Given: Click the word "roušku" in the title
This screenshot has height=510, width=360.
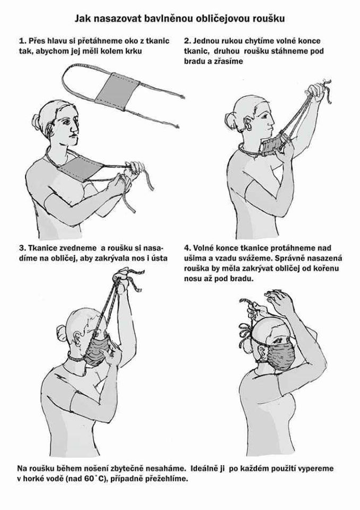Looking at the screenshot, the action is pyautogui.click(x=269, y=19).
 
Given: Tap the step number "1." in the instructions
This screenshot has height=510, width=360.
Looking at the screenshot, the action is pyautogui.click(x=22, y=41).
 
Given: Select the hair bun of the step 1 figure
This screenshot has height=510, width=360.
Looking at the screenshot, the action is pyautogui.click(x=36, y=122).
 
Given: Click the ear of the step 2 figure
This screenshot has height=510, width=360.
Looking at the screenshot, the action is pyautogui.click(x=249, y=124).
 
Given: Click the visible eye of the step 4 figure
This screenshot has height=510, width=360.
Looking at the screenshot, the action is pyautogui.click(x=279, y=341).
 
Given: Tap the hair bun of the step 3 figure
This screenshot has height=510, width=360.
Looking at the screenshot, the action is pyautogui.click(x=61, y=333).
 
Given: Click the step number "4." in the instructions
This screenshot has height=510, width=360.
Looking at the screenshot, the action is pyautogui.click(x=187, y=248).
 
